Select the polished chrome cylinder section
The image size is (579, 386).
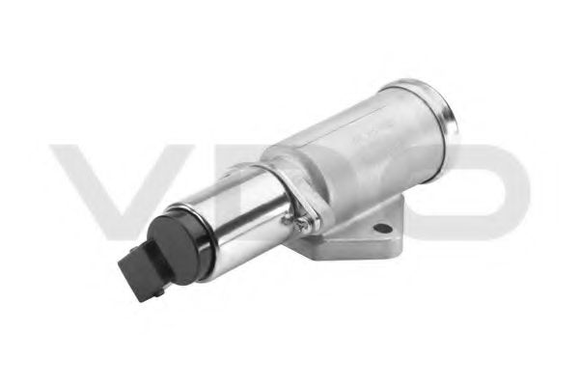[x=241, y=218]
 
